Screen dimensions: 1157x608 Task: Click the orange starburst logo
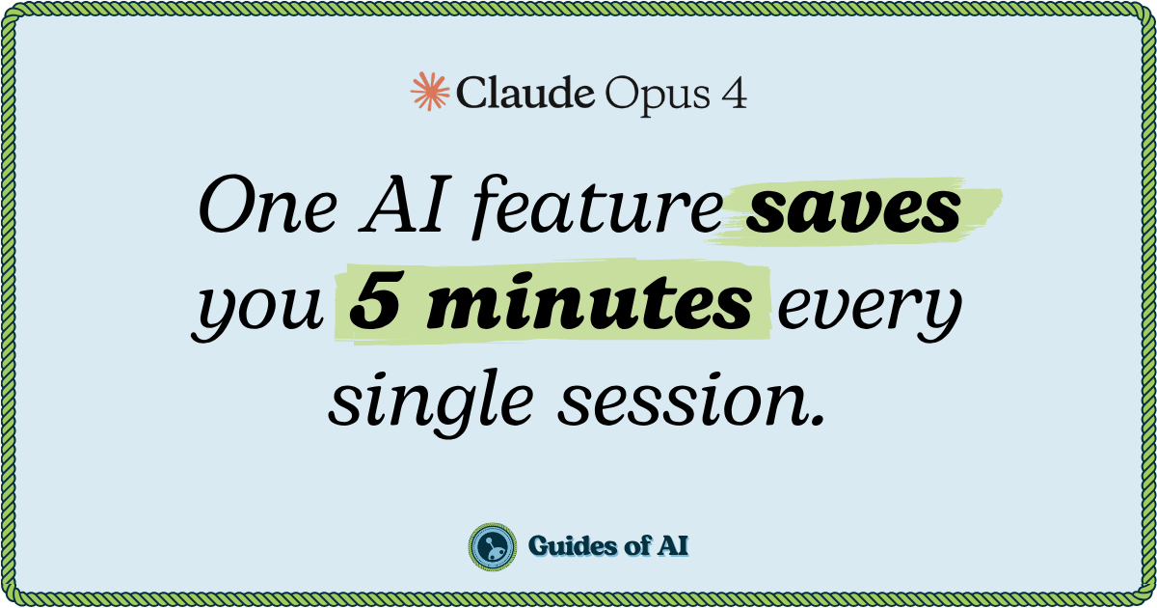[x=430, y=92]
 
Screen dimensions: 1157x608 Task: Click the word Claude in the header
[x=525, y=92]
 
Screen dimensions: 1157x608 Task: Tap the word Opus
[x=658, y=97]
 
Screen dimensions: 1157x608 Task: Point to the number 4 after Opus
[x=734, y=94]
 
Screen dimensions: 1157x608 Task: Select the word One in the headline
[x=268, y=206]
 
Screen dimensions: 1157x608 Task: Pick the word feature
[x=597, y=207]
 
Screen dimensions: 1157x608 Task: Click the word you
[x=258, y=308]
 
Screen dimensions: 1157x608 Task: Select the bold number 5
[x=374, y=301]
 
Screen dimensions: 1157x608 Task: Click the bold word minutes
[x=589, y=301]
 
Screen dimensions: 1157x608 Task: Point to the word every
[x=870, y=308]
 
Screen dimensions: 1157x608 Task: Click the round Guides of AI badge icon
[x=493, y=547]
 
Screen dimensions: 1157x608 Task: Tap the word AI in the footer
[x=673, y=546]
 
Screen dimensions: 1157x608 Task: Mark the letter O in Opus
[x=621, y=94]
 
